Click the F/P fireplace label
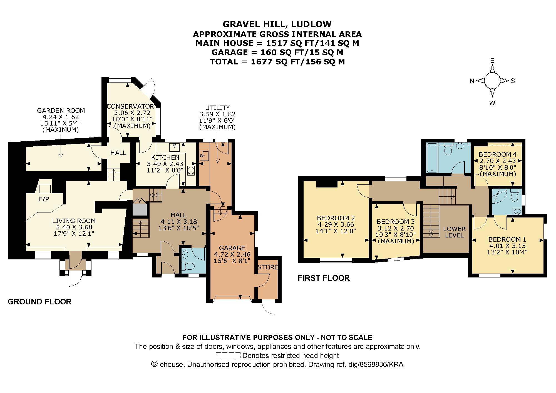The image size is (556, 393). [44, 199]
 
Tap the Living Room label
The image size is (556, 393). [74, 221]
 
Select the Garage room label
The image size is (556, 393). [232, 248]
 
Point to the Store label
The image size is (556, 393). [268, 267]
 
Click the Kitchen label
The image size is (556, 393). [165, 157]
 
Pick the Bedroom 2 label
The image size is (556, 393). [336, 218]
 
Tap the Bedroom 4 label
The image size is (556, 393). [497, 154]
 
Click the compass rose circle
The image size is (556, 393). [492, 81]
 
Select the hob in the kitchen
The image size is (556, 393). [191, 171]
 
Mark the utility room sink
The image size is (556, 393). [204, 156]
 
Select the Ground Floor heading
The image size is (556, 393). [39, 302]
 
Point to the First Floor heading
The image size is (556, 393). [324, 278]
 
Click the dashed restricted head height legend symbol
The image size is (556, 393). [228, 355]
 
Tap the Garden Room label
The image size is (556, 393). [61, 111]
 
